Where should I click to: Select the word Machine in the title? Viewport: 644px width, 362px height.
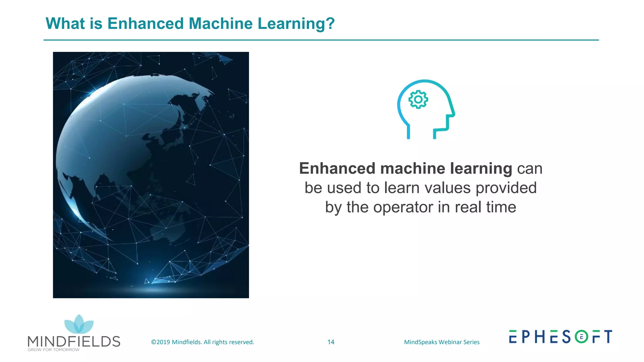[x=220, y=24]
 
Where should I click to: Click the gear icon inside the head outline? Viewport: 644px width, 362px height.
[x=418, y=100]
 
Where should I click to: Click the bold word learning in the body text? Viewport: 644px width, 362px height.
[x=481, y=169]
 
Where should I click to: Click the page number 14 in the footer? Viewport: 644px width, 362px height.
[x=331, y=342]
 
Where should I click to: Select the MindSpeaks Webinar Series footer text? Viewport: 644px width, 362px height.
[x=441, y=342]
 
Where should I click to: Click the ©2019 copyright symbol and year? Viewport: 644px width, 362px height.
[x=161, y=342]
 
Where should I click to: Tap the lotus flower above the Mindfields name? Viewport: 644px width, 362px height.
[x=79, y=325]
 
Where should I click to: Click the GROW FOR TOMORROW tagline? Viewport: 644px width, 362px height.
[x=53, y=350]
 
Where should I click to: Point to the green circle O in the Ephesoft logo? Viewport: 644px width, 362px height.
[x=581, y=337]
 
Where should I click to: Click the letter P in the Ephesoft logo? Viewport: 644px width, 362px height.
[x=526, y=337]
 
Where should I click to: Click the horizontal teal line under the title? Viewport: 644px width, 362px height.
[x=321, y=40]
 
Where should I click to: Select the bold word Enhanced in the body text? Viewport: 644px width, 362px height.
[x=337, y=169]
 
